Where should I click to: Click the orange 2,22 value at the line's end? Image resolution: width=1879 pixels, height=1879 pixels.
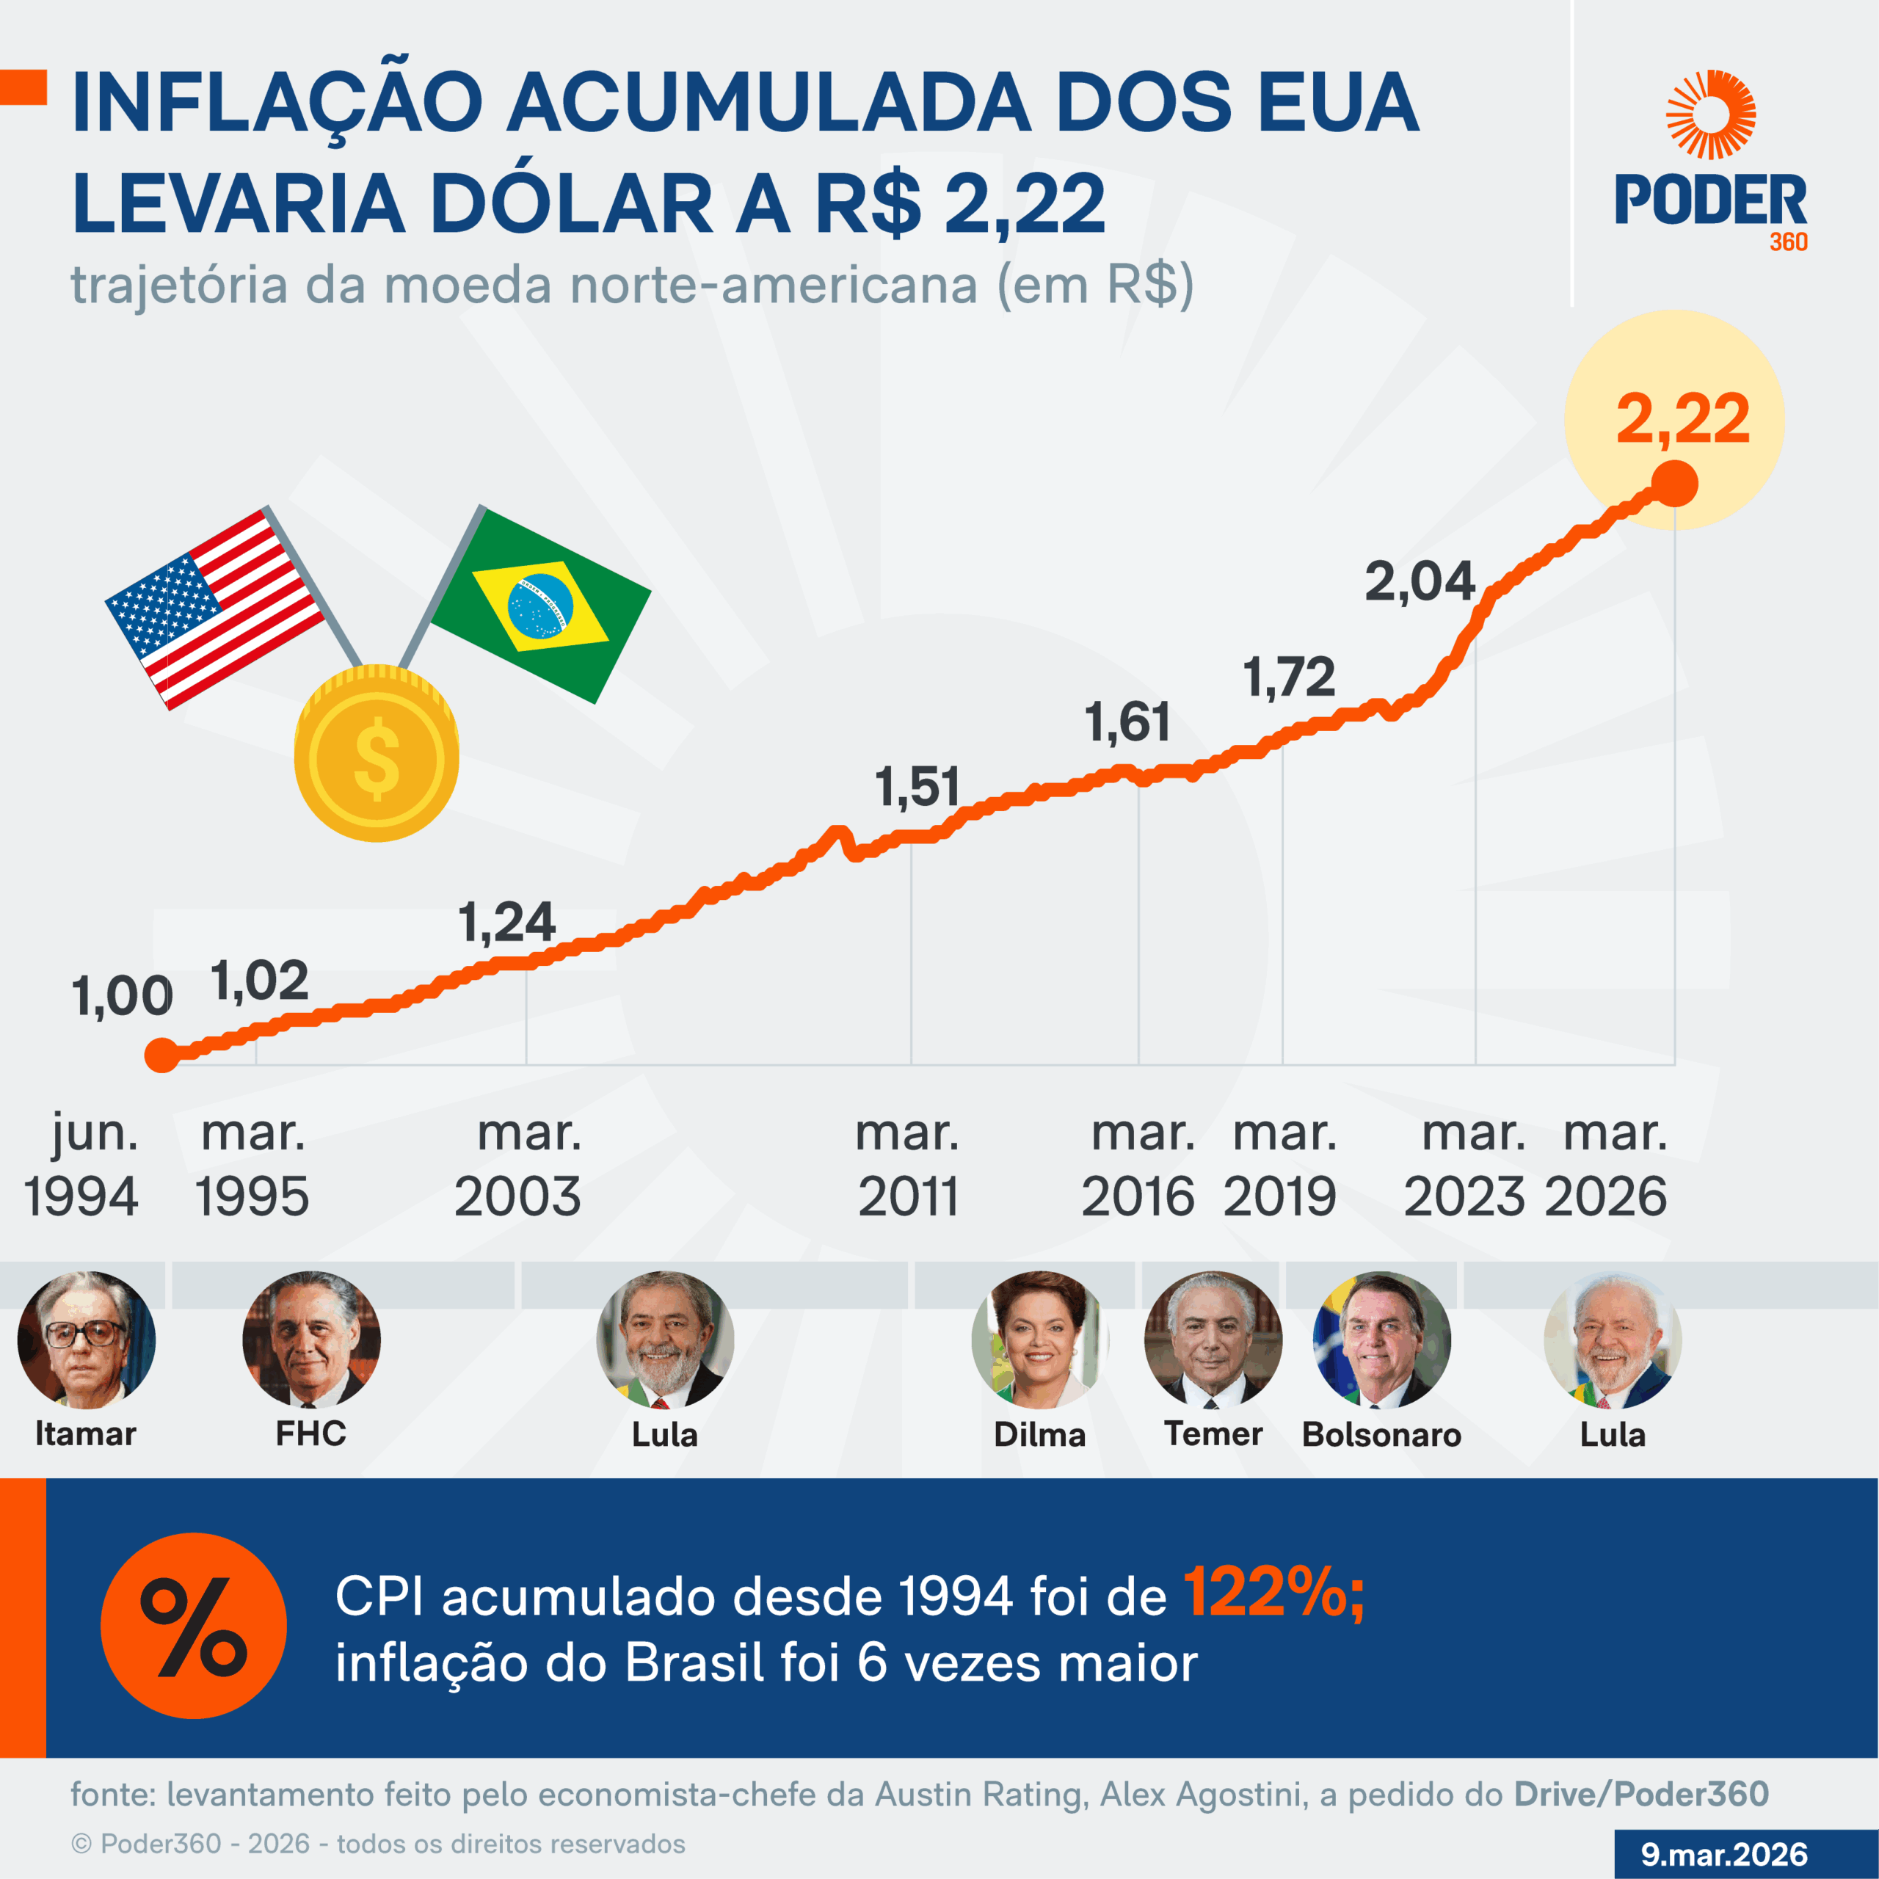point(1682,420)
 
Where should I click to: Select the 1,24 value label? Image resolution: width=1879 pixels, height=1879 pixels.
point(506,922)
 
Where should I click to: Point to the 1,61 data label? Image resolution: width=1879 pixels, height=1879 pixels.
point(1127,723)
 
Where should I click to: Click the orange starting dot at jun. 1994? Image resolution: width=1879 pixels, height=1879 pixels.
point(161,1054)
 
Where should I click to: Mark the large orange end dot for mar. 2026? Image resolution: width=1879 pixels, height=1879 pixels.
point(1675,484)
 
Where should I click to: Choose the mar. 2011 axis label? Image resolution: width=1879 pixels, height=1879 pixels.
point(907,1164)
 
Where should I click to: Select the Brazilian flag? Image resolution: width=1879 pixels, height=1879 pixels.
point(539,605)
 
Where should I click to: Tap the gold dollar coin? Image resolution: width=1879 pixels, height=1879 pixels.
point(377,755)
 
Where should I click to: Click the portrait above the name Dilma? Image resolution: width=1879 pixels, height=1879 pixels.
point(1039,1340)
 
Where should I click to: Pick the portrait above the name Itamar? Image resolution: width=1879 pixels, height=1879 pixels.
point(86,1340)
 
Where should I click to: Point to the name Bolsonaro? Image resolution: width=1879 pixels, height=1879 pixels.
point(1381,1434)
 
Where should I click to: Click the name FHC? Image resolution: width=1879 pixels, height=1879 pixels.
point(310,1433)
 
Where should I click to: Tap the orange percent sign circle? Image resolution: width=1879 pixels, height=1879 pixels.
point(194,1625)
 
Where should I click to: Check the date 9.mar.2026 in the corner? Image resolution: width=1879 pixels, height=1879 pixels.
point(1724,1854)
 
